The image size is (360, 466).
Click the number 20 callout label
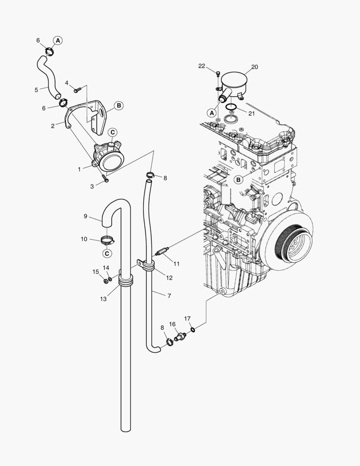[254, 67]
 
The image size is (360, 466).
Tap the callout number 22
[202, 66]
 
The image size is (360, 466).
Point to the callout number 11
[177, 263]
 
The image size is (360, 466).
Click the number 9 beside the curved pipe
[85, 216]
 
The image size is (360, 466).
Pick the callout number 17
[188, 319]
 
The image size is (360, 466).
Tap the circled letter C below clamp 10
[107, 253]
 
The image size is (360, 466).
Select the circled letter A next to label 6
[58, 40]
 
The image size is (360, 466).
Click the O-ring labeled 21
[231, 107]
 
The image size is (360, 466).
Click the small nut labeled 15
[105, 282]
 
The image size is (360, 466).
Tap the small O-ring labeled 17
[193, 330]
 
